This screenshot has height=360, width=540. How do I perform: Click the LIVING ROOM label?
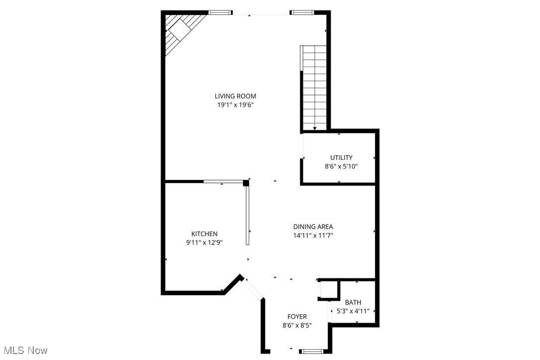(x=235, y=96)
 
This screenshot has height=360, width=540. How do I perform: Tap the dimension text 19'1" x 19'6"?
(x=235, y=105)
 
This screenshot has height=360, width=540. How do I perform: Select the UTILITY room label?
(x=341, y=158)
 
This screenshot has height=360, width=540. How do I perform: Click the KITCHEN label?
(x=204, y=234)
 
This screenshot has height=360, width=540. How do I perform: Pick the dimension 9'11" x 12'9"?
(x=204, y=243)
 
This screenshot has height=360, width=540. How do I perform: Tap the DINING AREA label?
(x=313, y=227)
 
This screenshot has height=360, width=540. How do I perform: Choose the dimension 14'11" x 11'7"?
(x=313, y=236)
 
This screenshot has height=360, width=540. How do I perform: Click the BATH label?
(x=353, y=302)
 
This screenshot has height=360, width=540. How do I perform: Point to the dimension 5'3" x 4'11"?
(x=353, y=311)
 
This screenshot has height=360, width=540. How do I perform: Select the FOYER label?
(x=297, y=317)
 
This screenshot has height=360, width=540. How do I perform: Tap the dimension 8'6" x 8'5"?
(x=297, y=326)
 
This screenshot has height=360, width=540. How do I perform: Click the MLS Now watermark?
(x=24, y=351)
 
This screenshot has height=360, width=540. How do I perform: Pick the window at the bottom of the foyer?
(x=312, y=352)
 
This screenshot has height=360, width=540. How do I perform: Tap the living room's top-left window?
(x=220, y=12)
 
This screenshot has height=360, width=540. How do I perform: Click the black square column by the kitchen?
(x=246, y=183)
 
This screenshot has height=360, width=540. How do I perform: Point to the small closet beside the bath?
(x=329, y=290)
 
